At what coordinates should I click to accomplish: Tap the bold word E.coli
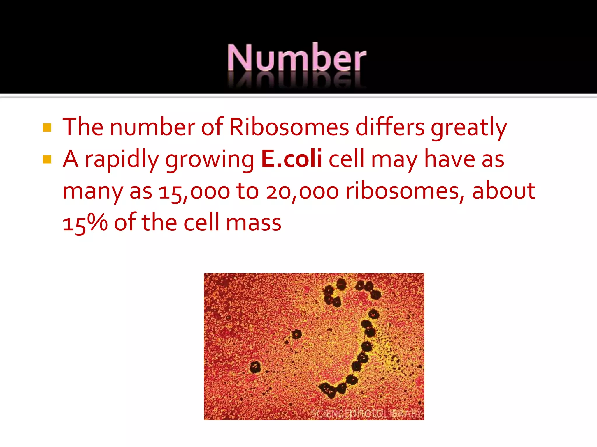[292, 159]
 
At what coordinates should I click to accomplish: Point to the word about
[503, 191]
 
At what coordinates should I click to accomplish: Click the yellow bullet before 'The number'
[47, 127]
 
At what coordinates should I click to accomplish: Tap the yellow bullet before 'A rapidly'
[47, 159]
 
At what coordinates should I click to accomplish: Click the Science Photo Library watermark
[367, 414]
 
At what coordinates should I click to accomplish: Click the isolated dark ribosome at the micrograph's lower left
[255, 367]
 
